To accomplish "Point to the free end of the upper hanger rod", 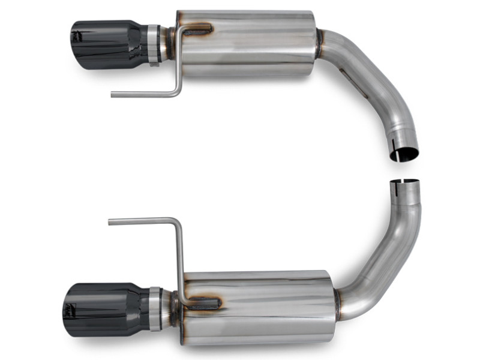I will [x=114, y=94].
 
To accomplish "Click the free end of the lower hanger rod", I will [x=111, y=222].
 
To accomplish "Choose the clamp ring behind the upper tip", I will [x=154, y=44].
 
